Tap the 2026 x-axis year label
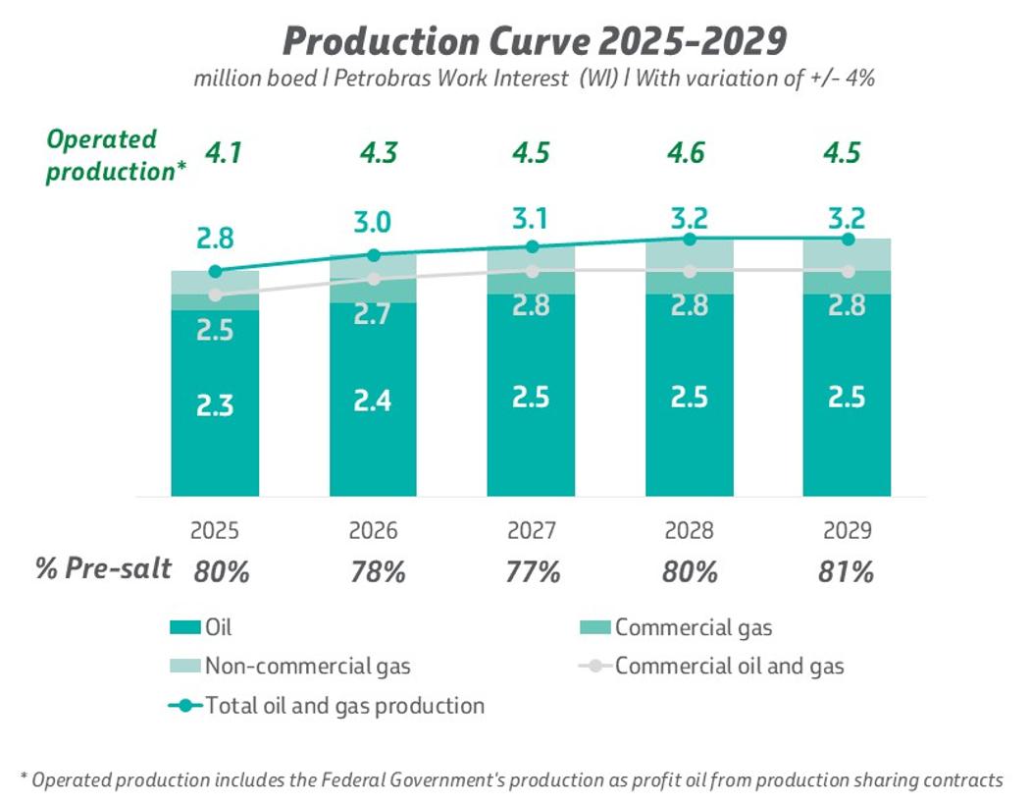tap(373, 531)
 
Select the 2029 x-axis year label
tap(847, 531)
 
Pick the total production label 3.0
tap(373, 223)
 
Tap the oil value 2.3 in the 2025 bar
tap(215, 406)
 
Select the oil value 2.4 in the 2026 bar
tap(373, 401)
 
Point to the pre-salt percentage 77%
tap(531, 572)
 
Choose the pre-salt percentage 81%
tap(846, 572)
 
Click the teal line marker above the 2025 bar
tap(215, 271)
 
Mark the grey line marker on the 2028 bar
tap(689, 271)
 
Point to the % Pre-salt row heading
tap(104, 568)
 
